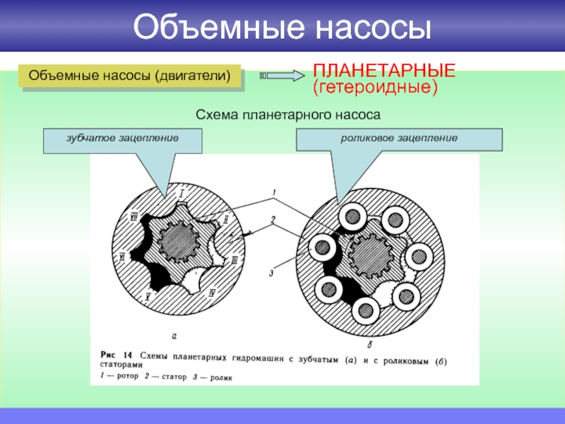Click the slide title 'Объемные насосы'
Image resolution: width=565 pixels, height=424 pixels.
tap(282, 28)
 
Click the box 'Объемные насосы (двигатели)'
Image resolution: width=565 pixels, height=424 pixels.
tap(130, 76)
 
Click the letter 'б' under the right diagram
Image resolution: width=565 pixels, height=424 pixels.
tap(370, 344)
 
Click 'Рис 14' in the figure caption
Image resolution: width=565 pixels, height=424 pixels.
tap(115, 355)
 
